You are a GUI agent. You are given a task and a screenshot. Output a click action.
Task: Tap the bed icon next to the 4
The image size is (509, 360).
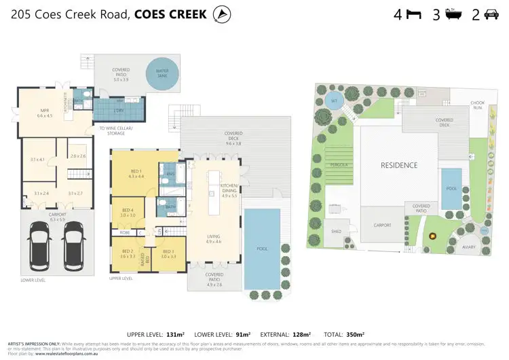click(413, 14)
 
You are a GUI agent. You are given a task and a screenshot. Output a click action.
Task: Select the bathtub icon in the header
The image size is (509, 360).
click(453, 14)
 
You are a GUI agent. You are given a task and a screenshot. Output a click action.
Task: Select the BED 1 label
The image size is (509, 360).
click(136, 173)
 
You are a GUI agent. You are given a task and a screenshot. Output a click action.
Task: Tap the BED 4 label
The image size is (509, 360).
click(128, 213)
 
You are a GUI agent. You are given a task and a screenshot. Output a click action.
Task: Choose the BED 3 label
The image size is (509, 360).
click(168, 254)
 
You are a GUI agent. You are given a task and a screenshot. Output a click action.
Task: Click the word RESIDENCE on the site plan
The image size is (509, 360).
click(398, 165)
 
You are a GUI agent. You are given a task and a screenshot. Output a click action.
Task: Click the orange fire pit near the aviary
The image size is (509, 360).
click(432, 236)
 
